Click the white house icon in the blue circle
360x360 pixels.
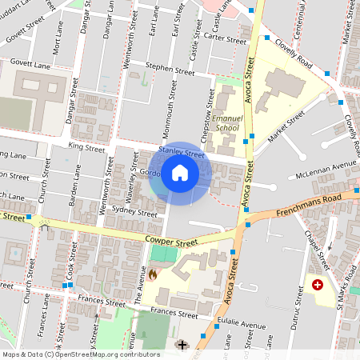click(180, 173)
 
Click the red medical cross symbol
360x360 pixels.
click(318, 285)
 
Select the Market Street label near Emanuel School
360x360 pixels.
click(286, 126)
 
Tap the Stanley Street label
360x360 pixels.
click(176, 151)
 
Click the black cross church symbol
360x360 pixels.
click(182, 345)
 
